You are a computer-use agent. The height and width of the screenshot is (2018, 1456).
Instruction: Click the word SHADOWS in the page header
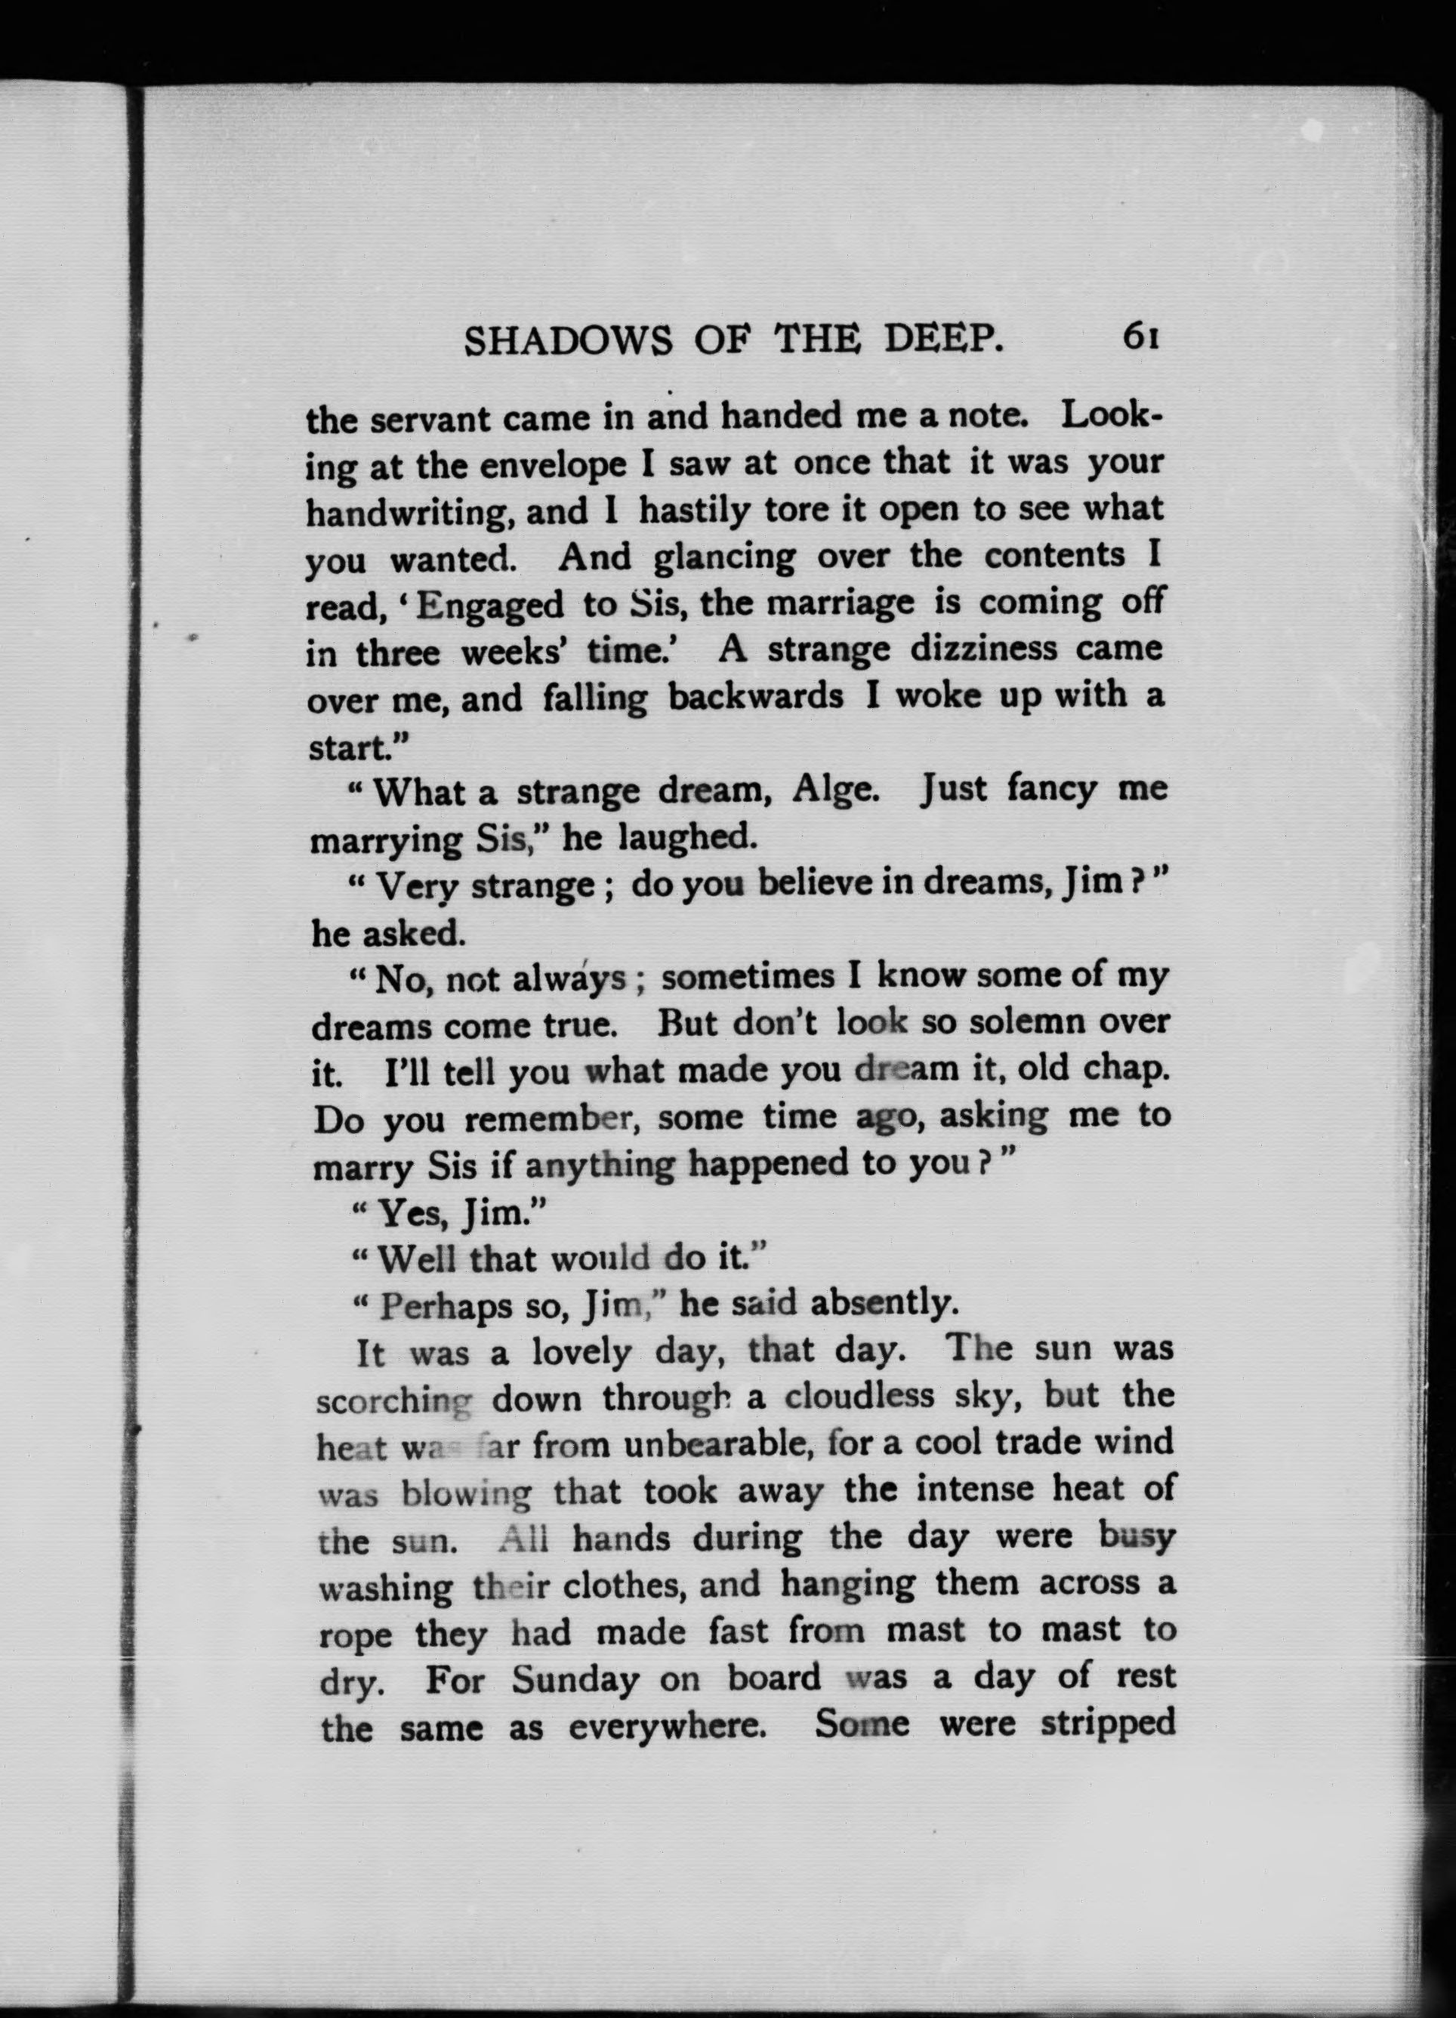click(569, 339)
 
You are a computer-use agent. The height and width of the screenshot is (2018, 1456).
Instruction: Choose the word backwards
click(756, 696)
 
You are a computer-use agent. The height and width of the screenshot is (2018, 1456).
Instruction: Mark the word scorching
click(393, 1401)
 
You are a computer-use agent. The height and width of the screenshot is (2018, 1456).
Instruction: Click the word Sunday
click(575, 1679)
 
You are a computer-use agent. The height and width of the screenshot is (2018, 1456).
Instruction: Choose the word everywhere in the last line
click(668, 1727)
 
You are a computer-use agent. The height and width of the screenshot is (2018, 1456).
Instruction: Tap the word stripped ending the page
click(1108, 1724)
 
